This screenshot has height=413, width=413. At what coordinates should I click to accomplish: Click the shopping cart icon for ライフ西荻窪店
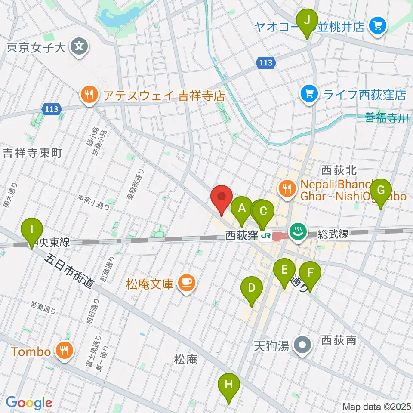click(309, 93)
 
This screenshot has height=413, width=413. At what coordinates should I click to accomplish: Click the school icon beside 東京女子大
click(80, 46)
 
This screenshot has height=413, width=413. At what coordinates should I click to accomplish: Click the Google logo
click(29, 403)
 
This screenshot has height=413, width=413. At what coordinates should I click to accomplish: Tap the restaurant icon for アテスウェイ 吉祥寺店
click(89, 95)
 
